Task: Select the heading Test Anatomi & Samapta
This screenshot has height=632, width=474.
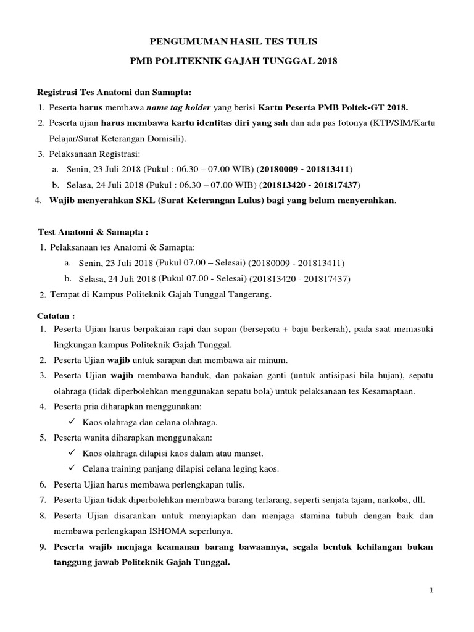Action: point(93,233)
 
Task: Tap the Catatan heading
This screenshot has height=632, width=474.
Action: point(56,315)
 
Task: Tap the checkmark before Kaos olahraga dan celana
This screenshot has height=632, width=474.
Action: point(70,422)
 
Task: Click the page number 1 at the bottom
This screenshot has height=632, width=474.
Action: point(432,591)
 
